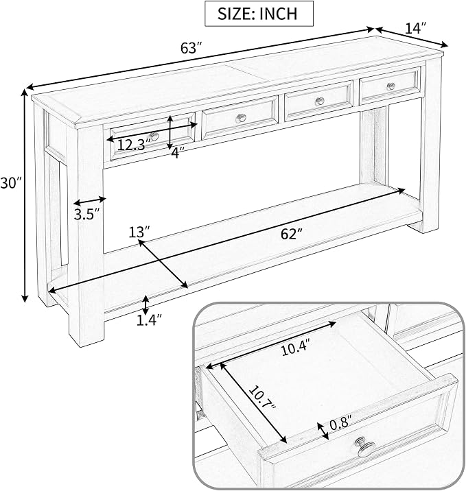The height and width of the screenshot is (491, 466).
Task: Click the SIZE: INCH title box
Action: (x=259, y=14)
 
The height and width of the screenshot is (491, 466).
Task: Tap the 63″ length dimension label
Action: (x=191, y=48)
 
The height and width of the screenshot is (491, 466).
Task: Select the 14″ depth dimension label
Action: (x=416, y=29)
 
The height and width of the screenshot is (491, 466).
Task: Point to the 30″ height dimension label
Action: (x=11, y=183)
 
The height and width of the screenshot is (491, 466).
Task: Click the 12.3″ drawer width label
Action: (x=135, y=145)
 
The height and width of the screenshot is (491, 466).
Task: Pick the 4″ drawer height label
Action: (x=178, y=153)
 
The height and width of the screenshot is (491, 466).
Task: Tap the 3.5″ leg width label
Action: (x=86, y=214)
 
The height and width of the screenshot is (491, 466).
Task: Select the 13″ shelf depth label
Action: (x=139, y=232)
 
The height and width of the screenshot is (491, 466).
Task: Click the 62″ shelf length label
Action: (x=292, y=234)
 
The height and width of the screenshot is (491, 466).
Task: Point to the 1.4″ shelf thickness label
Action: (x=149, y=320)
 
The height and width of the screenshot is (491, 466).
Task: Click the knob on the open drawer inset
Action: (x=365, y=446)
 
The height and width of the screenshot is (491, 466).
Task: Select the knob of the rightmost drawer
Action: (x=391, y=86)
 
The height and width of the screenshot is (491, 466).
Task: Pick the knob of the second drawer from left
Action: (x=241, y=118)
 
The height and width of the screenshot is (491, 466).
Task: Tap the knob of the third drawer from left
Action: (x=320, y=101)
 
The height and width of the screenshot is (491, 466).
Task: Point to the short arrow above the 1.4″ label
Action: (x=145, y=304)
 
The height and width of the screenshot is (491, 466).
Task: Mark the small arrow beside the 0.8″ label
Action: (x=323, y=431)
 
